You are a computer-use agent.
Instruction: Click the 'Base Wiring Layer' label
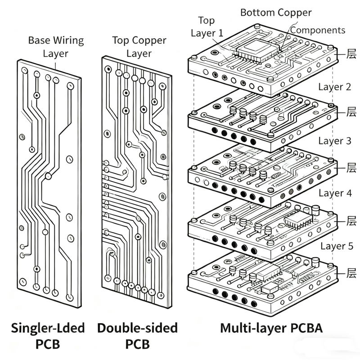pyautogui.click(x=56, y=47)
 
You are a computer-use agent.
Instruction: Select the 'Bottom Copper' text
pyautogui.click(x=276, y=13)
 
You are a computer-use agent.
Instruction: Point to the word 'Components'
pyautogui.click(x=318, y=30)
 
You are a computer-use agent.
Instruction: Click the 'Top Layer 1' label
pyautogui.click(x=207, y=27)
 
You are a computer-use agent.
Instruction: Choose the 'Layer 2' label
pyautogui.click(x=334, y=87)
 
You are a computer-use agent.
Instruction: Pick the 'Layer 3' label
pyautogui.click(x=334, y=141)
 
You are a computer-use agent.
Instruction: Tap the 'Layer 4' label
pyautogui.click(x=334, y=193)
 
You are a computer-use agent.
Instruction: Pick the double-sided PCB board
pyautogui.click(x=135, y=180)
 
